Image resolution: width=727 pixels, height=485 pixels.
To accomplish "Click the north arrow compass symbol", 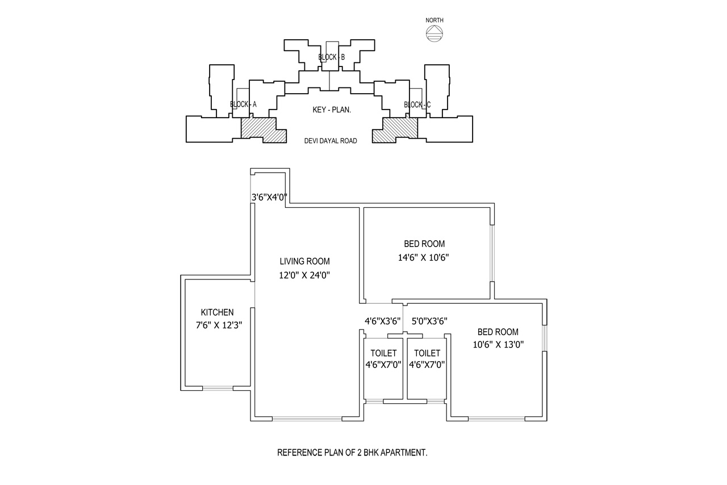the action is pos(434,34).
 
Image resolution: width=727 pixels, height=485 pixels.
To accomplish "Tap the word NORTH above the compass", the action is pos(434,20).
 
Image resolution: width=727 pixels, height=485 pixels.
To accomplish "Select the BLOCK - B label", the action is pos(331,57).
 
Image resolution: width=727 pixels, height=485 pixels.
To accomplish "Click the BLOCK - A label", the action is pos(243,104).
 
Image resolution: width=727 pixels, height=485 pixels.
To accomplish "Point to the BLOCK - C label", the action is pos(417,104).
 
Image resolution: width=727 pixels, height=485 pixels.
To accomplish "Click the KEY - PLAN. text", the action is pos(332,110).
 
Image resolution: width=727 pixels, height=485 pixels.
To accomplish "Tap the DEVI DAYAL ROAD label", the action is pos(331,141).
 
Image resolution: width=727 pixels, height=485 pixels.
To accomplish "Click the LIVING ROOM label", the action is pos(304,261).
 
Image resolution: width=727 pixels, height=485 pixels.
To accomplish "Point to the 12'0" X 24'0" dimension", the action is pos(304,275).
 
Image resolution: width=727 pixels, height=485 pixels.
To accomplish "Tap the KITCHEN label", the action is pos(217,312).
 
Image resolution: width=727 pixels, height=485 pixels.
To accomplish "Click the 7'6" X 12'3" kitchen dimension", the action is pos(219,325).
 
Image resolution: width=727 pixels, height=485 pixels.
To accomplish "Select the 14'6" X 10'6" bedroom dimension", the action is pos(424,258).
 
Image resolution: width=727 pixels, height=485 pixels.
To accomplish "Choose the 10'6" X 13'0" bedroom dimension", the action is pos(498,344).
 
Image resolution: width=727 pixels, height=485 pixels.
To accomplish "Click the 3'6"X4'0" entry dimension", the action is pos(269,198).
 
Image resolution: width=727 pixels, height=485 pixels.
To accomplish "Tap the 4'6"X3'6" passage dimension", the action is pos(382,321).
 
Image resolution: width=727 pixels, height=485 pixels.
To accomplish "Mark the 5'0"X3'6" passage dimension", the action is pos(429,321).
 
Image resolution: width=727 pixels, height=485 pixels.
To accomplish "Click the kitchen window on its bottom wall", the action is pos(218,388).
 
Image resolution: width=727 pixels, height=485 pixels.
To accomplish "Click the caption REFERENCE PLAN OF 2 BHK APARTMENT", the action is pos(352,453).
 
